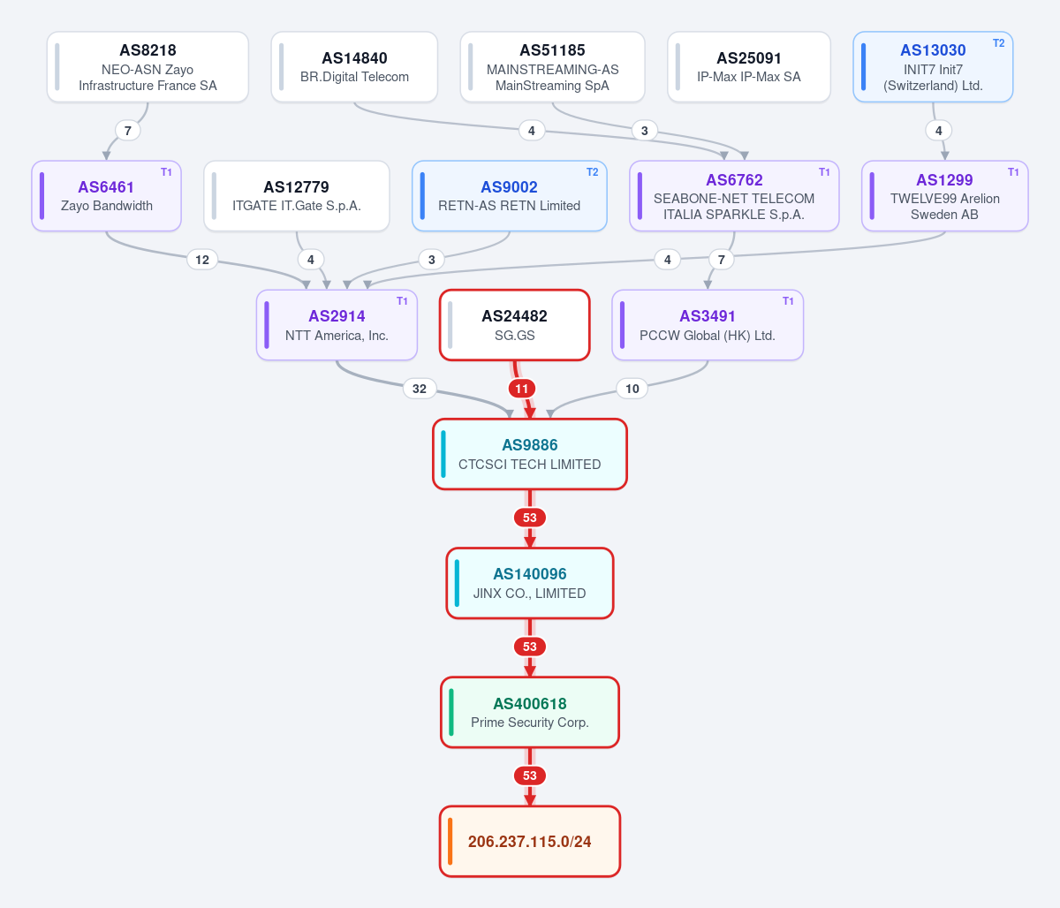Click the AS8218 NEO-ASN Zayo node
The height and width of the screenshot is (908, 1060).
click(x=148, y=66)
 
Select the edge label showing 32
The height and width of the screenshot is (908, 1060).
click(x=420, y=389)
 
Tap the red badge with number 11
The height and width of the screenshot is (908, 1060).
click(x=521, y=389)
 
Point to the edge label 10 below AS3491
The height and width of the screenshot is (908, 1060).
click(x=632, y=389)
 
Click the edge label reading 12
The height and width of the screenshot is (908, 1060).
click(x=202, y=260)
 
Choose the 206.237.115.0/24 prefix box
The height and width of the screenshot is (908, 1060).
click(x=530, y=842)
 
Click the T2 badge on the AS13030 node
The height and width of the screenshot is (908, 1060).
click(x=998, y=43)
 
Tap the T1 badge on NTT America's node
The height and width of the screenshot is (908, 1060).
click(x=402, y=301)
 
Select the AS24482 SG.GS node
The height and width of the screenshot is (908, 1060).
click(x=514, y=325)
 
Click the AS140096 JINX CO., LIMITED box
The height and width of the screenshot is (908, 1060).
click(x=530, y=583)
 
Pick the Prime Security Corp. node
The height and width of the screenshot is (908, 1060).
click(x=530, y=712)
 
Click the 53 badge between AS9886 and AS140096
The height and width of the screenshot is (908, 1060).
click(x=530, y=518)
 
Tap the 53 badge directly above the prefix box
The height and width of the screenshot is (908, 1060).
click(x=530, y=776)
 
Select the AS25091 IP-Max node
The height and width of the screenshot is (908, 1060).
click(x=749, y=66)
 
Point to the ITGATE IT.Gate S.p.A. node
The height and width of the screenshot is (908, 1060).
click(x=297, y=196)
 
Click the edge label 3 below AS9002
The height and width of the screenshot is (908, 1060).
click(x=432, y=260)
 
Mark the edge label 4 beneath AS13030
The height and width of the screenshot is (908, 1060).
click(x=938, y=131)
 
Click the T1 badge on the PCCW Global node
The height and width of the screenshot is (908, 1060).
click(x=788, y=301)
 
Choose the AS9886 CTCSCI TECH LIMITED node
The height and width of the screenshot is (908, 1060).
click(x=530, y=454)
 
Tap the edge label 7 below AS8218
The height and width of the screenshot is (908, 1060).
click(x=128, y=131)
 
